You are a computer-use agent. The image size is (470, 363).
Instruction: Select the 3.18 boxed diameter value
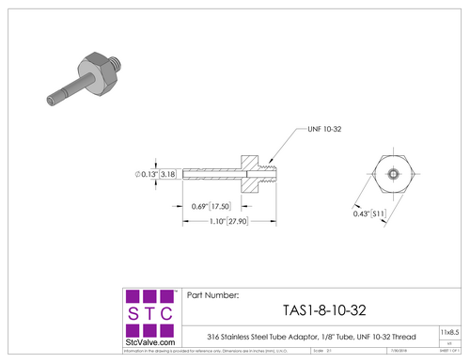169,174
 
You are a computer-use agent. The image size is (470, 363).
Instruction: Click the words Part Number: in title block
214,294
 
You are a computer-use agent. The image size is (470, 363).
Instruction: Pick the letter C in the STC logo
164,312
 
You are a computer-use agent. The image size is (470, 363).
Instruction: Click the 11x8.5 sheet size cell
450,332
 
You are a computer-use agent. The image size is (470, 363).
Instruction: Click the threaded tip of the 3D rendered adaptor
115,65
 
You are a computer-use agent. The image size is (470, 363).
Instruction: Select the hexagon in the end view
389,175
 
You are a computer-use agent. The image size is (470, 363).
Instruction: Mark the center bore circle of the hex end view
389,175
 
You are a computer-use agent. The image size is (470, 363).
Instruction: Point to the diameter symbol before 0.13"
138,174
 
